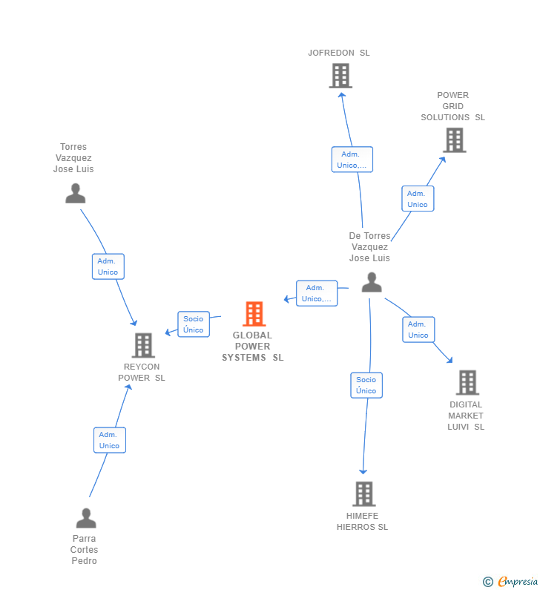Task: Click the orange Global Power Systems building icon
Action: click(x=254, y=314)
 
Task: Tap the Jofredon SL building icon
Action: click(x=340, y=76)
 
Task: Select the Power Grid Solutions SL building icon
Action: click(x=454, y=140)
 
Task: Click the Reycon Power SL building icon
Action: click(x=143, y=345)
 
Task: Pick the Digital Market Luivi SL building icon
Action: click(x=467, y=382)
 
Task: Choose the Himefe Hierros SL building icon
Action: click(x=363, y=494)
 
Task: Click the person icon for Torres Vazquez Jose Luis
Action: click(x=75, y=193)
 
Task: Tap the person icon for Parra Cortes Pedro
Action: click(x=86, y=517)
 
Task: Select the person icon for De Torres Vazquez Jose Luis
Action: click(x=372, y=282)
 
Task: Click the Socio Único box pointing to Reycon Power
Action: click(x=194, y=324)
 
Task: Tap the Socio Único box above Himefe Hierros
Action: click(x=366, y=385)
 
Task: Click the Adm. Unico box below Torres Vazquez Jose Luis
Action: click(x=108, y=266)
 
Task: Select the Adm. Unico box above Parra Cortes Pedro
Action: click(x=109, y=440)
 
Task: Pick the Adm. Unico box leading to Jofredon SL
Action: click(x=352, y=160)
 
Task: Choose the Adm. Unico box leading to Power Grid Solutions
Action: click(x=418, y=199)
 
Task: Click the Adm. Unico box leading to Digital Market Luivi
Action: click(x=418, y=330)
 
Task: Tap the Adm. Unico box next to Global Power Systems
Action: click(x=316, y=293)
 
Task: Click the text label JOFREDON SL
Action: click(x=339, y=53)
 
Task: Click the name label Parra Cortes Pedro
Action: click(x=85, y=550)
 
